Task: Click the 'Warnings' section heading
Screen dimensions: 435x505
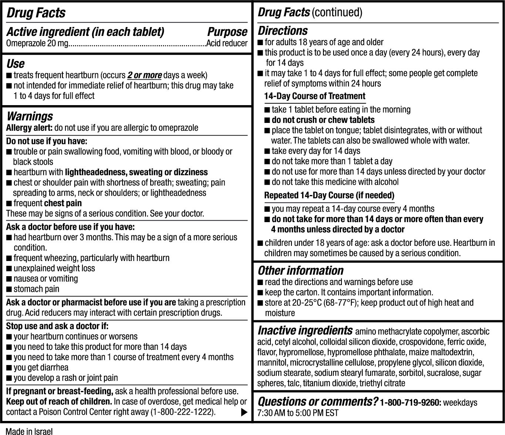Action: [30, 116]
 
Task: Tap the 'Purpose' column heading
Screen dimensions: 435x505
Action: [227, 32]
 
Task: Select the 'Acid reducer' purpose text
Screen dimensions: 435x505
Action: [227, 43]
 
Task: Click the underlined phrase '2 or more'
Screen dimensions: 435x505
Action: [144, 75]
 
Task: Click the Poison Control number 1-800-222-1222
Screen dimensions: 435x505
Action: [182, 412]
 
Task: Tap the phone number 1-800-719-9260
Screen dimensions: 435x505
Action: [410, 402]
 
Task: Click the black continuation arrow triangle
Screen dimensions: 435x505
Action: [244, 412]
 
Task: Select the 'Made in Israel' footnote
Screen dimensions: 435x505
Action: [29, 431]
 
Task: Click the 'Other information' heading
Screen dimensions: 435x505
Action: [300, 271]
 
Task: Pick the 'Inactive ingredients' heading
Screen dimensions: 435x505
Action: [305, 330]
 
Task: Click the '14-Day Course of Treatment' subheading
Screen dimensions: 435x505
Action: [314, 96]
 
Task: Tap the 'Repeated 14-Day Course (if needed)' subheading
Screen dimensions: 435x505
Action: [329, 195]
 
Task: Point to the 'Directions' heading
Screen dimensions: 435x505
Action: [283, 31]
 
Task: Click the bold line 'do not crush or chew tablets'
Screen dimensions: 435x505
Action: [323, 120]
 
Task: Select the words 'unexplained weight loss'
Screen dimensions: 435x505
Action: [54, 268]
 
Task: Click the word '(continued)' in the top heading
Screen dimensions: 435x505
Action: [337, 13]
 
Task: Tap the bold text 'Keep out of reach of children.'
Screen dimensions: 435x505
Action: [59, 402]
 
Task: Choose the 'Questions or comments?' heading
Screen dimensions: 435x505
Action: [317, 402]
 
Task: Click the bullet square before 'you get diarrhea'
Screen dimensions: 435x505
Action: [9, 368]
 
